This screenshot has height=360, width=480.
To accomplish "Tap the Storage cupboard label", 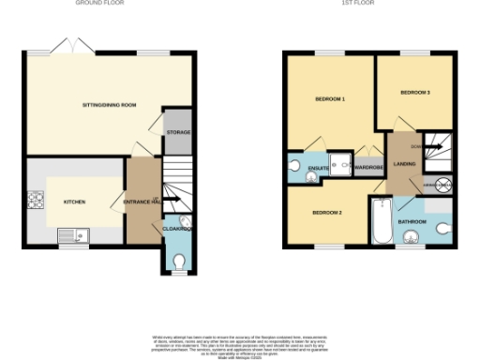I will pyautogui.click(x=178, y=133).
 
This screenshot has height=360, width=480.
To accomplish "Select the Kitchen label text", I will pyautogui.click(x=74, y=202).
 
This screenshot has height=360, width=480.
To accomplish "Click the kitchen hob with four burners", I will pyautogui.click(x=38, y=200).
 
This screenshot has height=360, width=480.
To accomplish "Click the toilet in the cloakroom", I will pyautogui.click(x=178, y=259).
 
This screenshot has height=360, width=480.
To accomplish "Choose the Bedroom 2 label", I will pyautogui.click(x=327, y=213).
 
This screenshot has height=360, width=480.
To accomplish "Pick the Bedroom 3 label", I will pyautogui.click(x=414, y=93).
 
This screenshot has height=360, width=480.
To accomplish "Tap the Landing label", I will pyautogui.click(x=404, y=164).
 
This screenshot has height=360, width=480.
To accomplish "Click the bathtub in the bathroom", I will pyautogui.click(x=380, y=222).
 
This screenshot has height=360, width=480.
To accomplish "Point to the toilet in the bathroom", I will pyautogui.click(x=442, y=227).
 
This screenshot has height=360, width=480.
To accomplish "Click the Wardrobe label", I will pyautogui.click(x=369, y=169).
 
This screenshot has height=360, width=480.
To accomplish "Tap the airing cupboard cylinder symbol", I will pyautogui.click(x=443, y=186).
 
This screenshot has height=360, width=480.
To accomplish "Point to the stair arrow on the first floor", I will pyautogui.click(x=433, y=147).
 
